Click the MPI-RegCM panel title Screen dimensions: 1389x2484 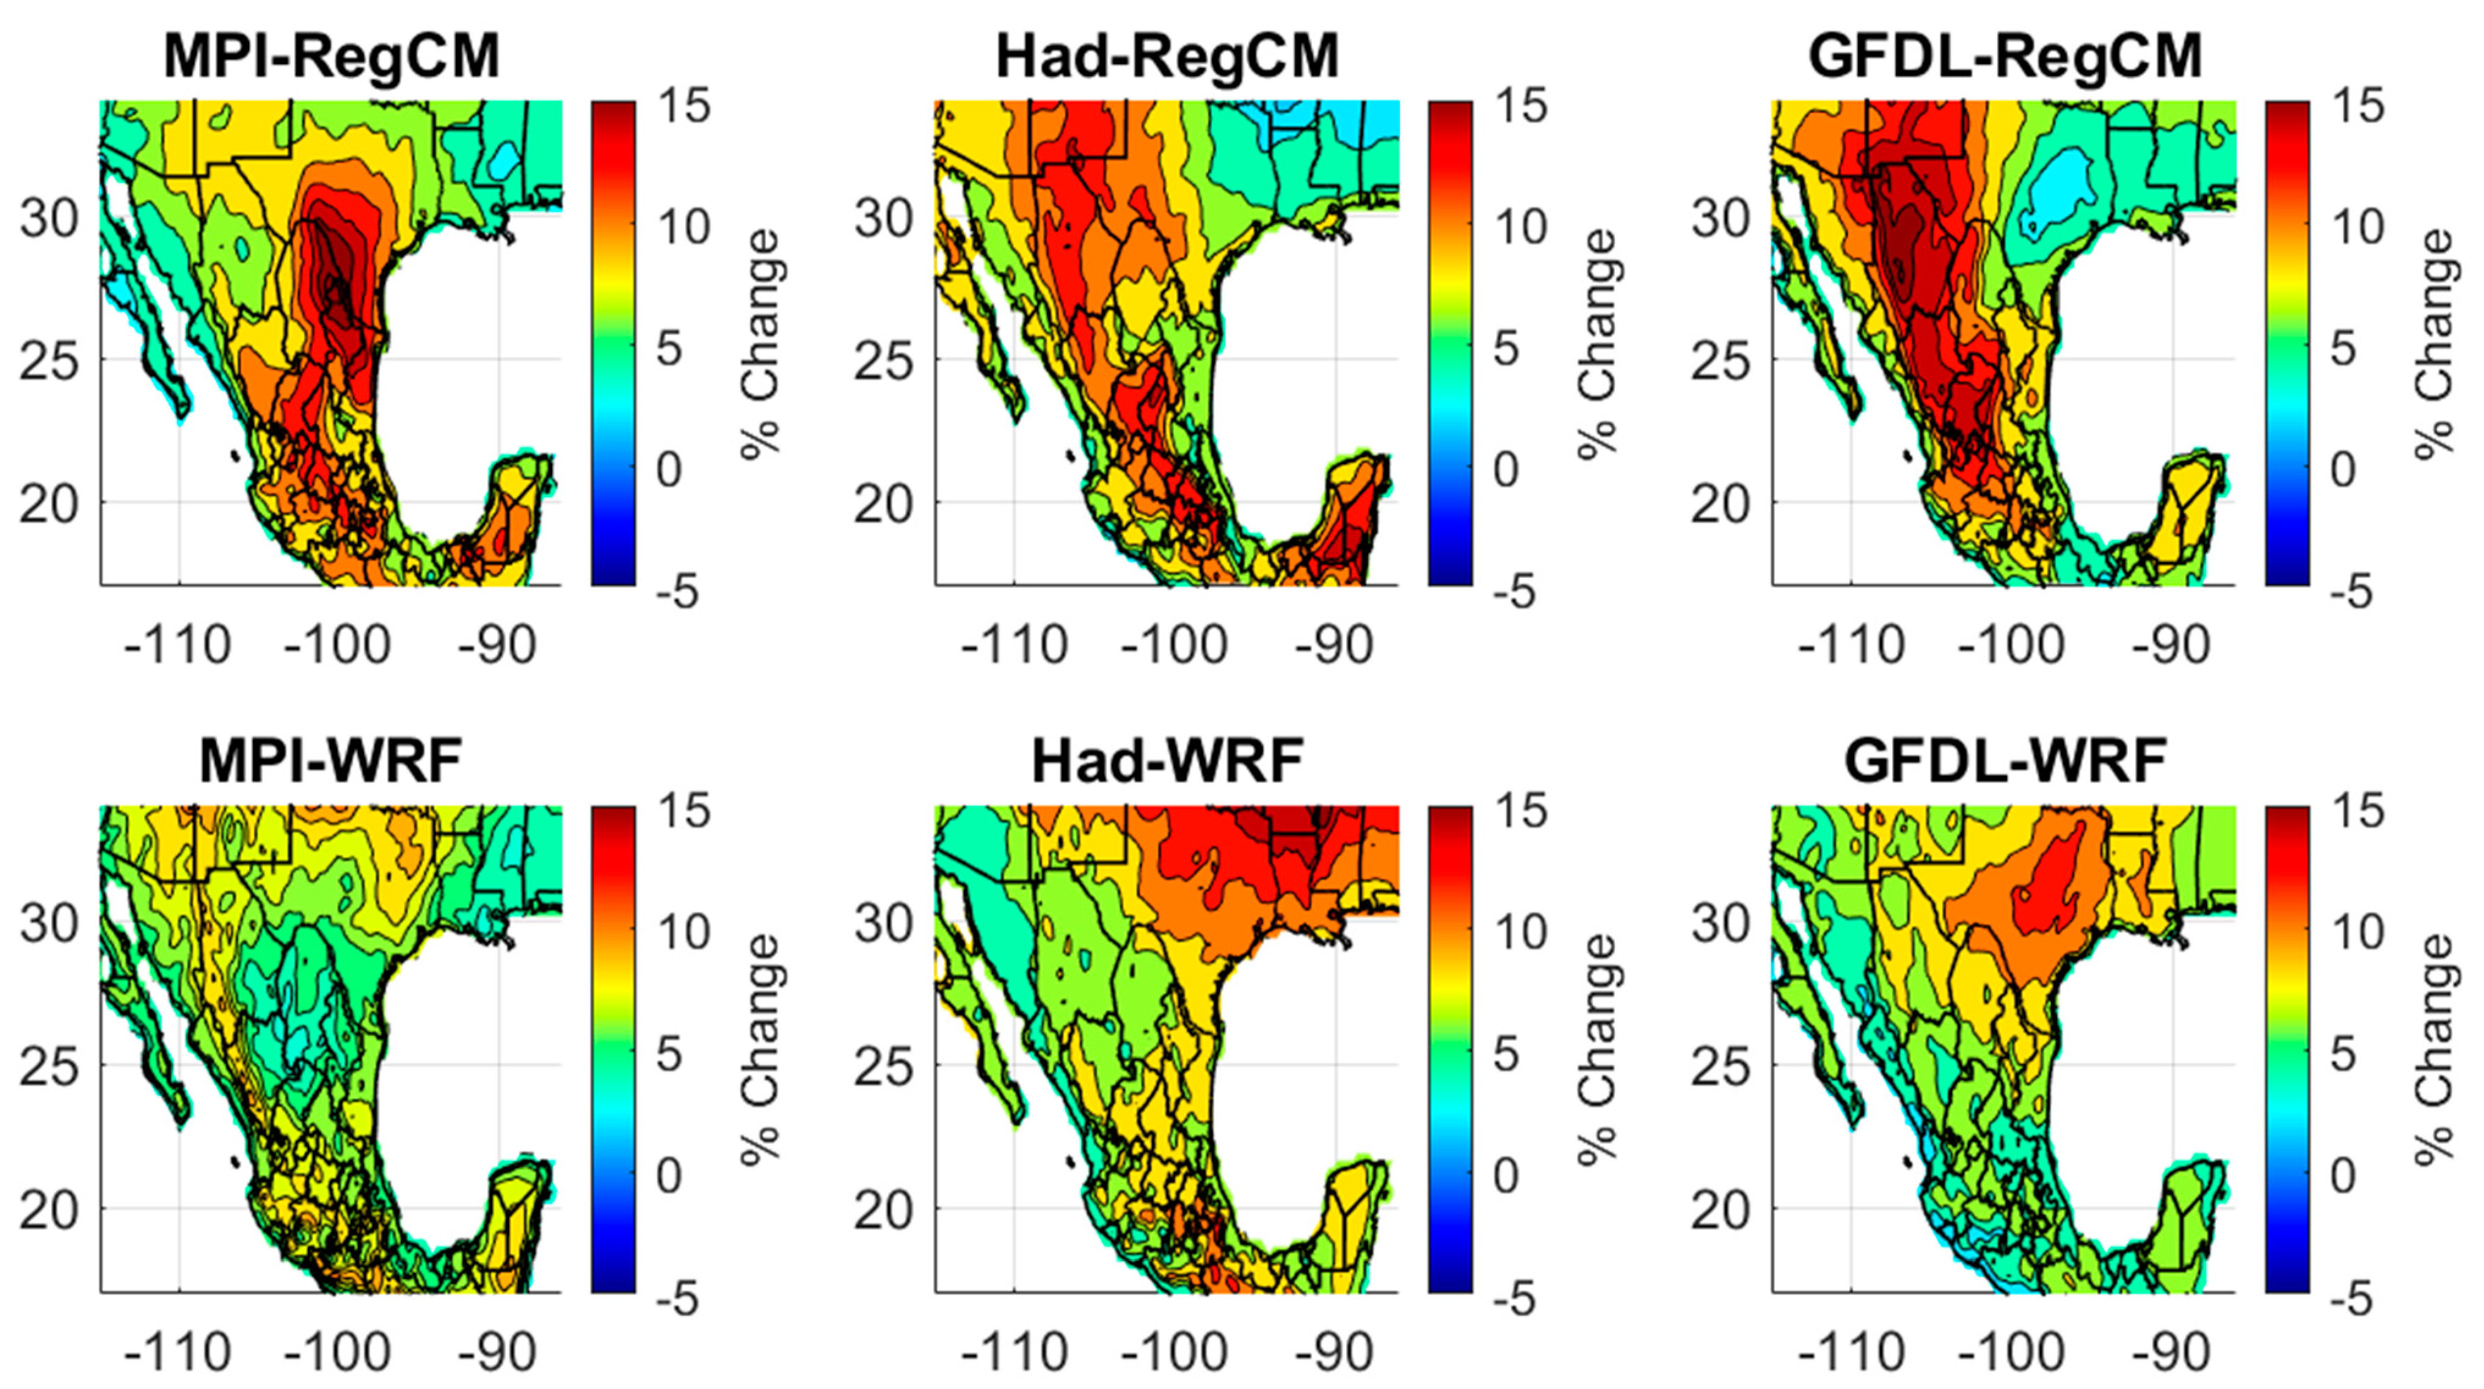[x=332, y=56]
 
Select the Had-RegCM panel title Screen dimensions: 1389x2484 [x=1167, y=56]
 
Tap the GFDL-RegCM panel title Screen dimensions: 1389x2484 [x=2006, y=56]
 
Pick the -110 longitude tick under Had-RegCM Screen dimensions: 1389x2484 [x=1014, y=644]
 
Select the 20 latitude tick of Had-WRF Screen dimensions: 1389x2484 [x=883, y=1209]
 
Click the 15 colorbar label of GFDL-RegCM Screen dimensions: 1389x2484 [x=2357, y=105]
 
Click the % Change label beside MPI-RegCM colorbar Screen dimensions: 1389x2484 [x=762, y=343]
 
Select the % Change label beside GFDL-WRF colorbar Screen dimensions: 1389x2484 [x=2434, y=1049]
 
